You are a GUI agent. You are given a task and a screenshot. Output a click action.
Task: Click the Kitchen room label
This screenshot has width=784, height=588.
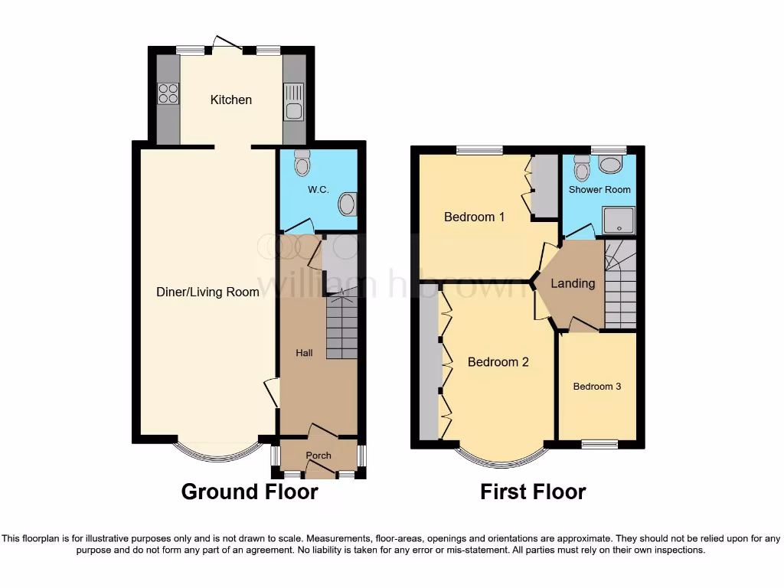tap(230, 100)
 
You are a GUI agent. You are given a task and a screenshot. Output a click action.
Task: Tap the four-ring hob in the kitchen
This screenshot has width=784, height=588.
tap(168, 93)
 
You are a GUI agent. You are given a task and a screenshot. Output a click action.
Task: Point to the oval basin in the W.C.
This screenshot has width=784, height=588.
tap(348, 204)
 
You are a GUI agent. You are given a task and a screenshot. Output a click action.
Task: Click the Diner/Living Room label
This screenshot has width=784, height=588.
tap(207, 292)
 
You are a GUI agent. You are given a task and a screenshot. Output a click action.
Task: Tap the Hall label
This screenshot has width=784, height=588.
tap(304, 353)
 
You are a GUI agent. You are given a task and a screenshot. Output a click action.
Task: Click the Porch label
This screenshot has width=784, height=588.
tap(318, 456)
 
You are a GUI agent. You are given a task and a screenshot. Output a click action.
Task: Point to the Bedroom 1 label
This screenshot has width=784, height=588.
tap(474, 217)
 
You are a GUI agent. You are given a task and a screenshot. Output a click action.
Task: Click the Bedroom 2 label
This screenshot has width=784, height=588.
tap(498, 362)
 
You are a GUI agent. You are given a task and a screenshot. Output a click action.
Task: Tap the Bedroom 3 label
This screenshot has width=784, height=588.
tap(596, 387)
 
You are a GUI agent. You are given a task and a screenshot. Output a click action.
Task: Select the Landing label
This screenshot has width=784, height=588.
tap(573, 283)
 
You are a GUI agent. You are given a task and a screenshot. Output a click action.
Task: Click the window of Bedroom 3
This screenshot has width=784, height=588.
tap(599, 443)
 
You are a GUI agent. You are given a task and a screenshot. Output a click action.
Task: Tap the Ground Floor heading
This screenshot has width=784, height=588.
tap(250, 492)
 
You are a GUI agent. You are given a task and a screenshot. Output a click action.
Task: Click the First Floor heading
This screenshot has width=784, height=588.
tap(533, 492)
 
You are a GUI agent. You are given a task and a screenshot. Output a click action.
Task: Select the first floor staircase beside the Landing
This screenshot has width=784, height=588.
tap(620, 284)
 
